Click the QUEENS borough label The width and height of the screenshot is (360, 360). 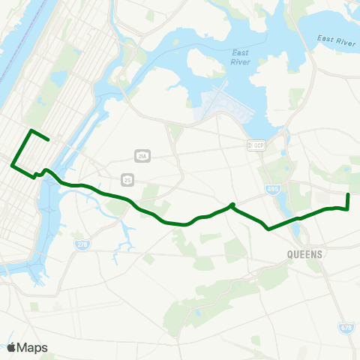304,254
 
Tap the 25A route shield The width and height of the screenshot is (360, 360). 142,156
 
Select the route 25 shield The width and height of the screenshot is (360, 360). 128,179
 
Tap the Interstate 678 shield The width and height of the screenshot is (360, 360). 346,328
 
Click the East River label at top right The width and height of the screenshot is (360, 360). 335,41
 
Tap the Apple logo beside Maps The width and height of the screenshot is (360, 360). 11,347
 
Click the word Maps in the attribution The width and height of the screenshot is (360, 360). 32,347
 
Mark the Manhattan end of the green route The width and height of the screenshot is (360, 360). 49,139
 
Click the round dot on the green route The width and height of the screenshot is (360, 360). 232,205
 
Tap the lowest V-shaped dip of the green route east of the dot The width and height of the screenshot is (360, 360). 268,229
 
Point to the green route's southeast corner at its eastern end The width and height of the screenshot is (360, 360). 349,208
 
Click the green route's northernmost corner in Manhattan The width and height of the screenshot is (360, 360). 31,130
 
